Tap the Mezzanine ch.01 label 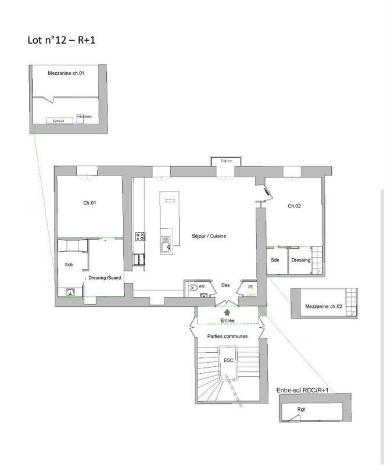tap(67, 73)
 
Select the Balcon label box tap(225, 161)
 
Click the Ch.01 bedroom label tap(89, 203)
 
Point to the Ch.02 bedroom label tap(294, 206)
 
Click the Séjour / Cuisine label tap(209, 236)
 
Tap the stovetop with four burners tap(140, 236)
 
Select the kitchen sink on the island tap(167, 245)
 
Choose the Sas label tap(225, 285)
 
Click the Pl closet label tap(250, 287)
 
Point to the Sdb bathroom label tap(69, 265)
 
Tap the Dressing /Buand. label tap(105, 278)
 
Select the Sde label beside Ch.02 tap(275, 260)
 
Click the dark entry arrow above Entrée tap(227, 312)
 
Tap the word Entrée tap(227, 320)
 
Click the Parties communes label tap(227, 337)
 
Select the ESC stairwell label tap(228, 360)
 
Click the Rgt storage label tap(301, 409)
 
